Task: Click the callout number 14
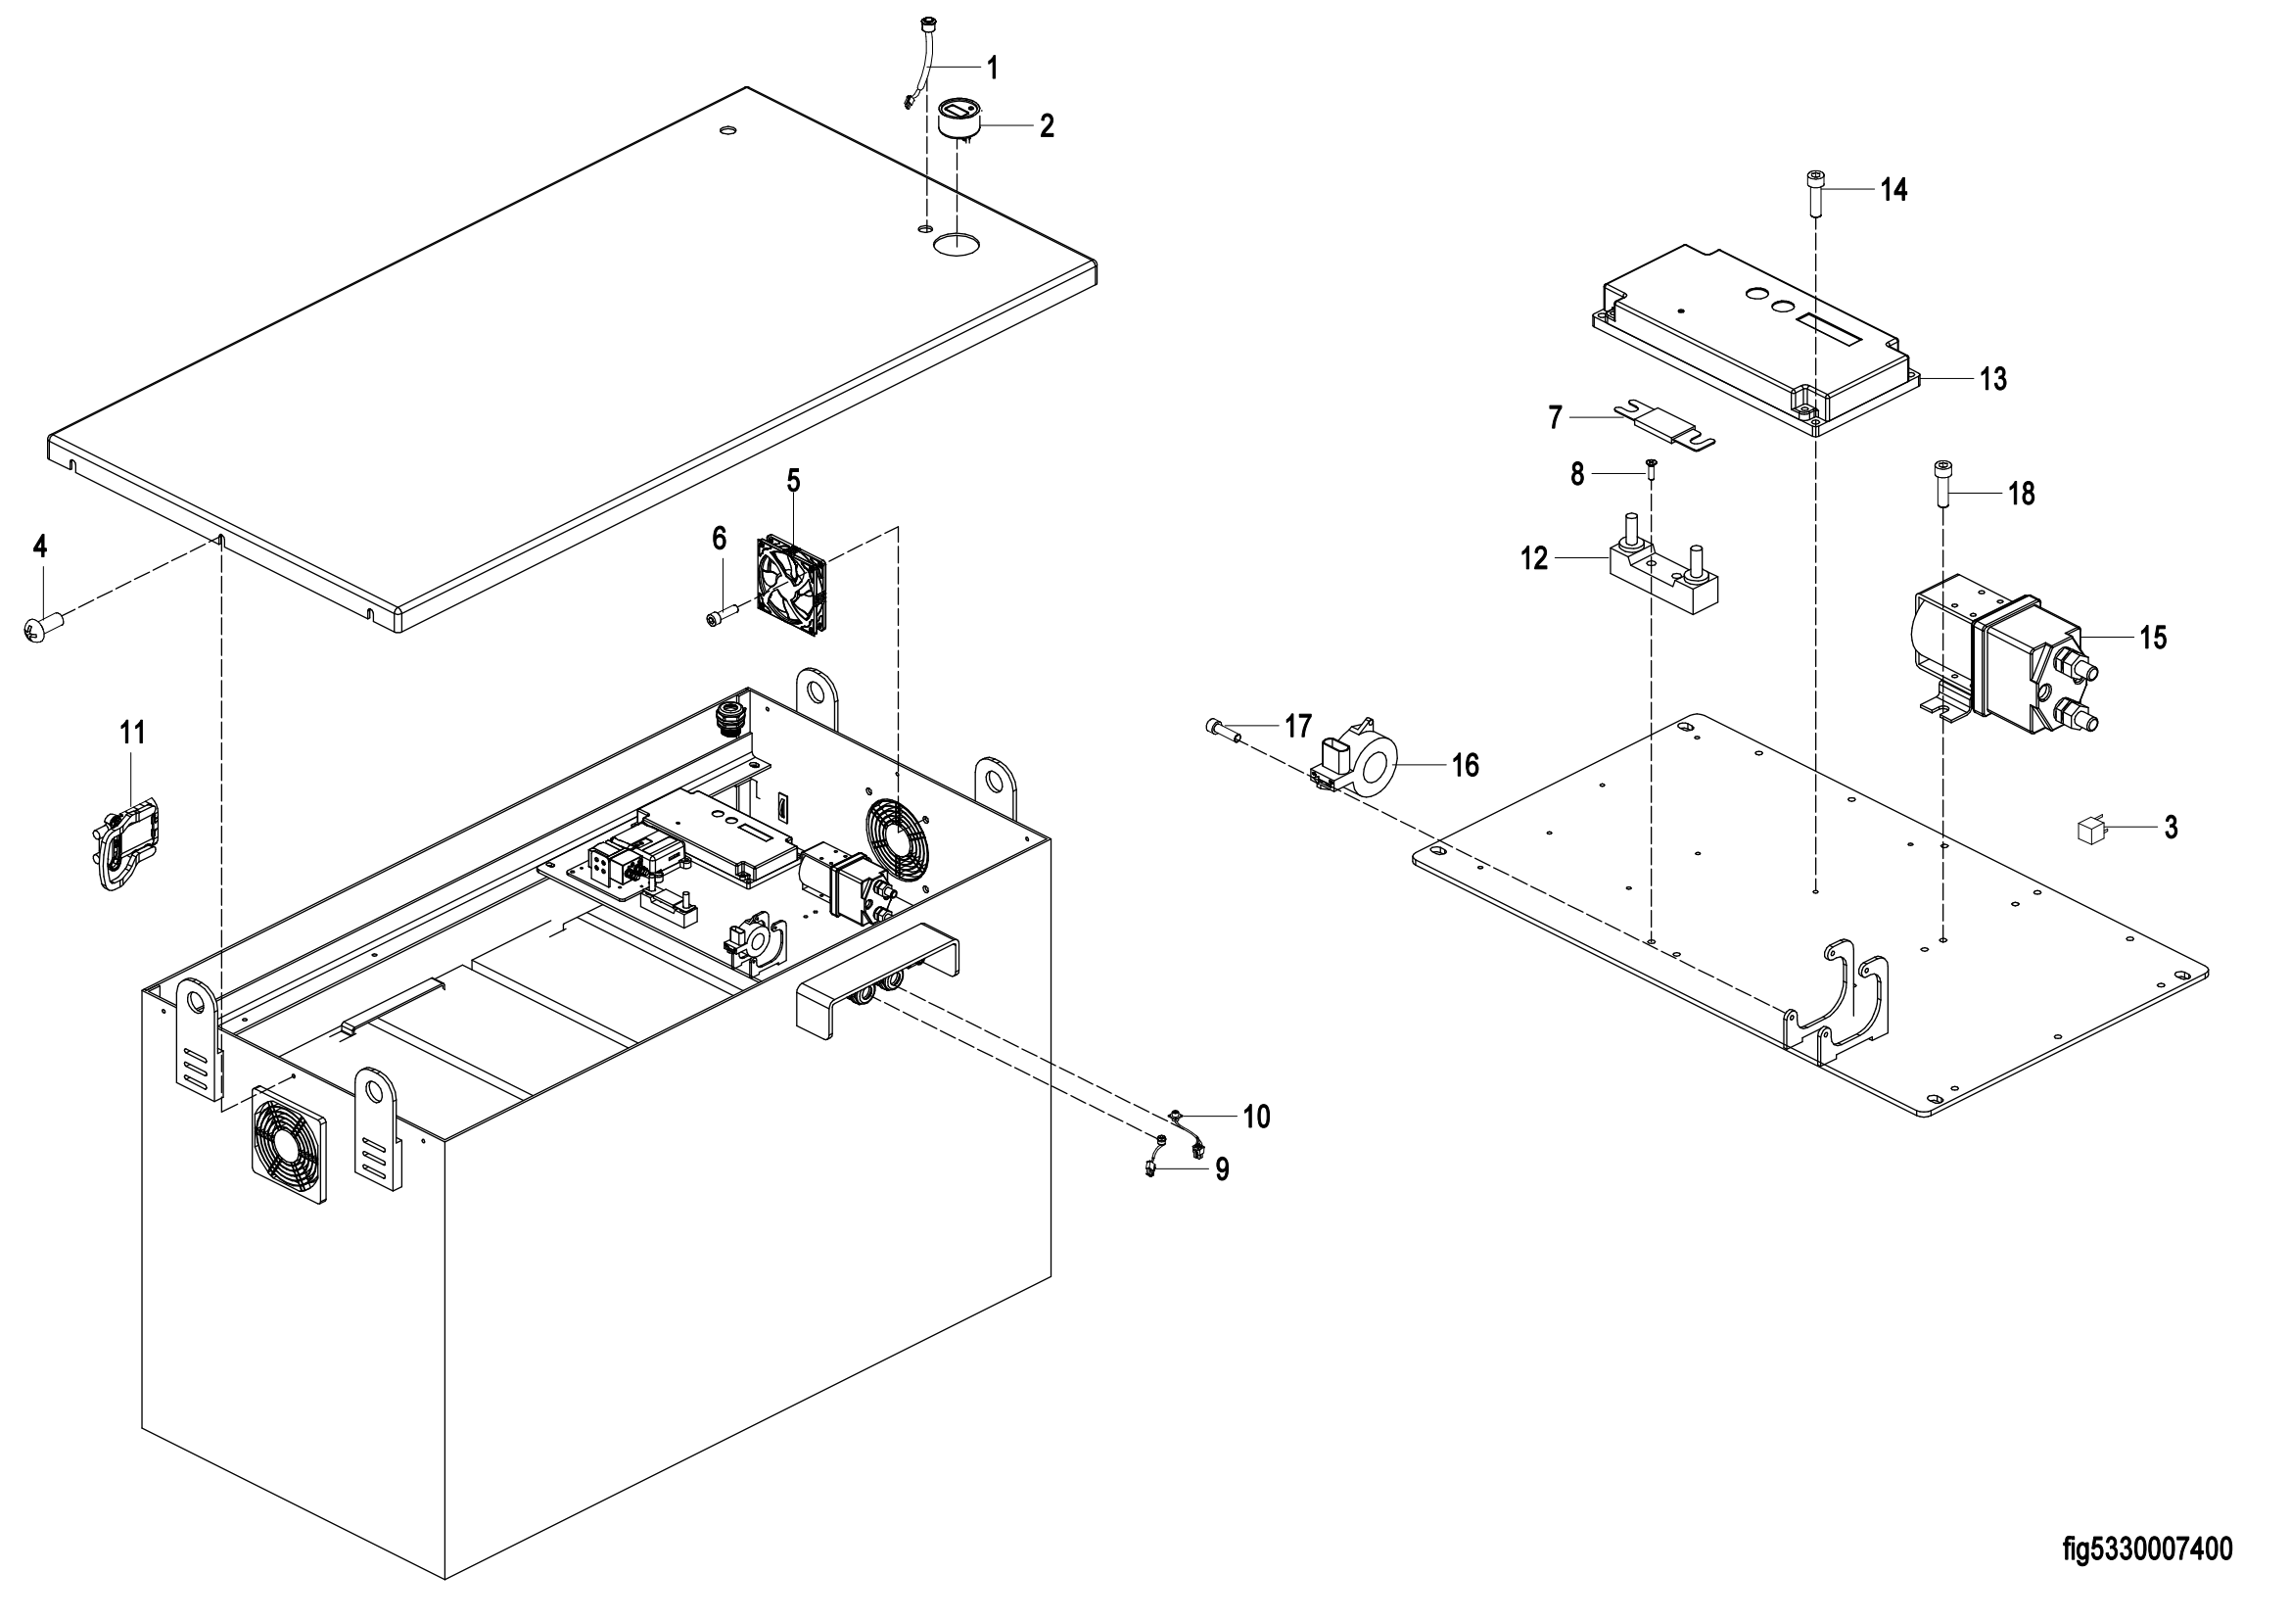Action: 1894,190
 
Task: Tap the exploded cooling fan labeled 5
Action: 793,583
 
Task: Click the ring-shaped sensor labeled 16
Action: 1361,761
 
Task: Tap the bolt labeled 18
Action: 1942,485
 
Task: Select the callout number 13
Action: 1992,379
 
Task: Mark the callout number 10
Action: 1257,1118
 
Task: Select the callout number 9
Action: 1222,1169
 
